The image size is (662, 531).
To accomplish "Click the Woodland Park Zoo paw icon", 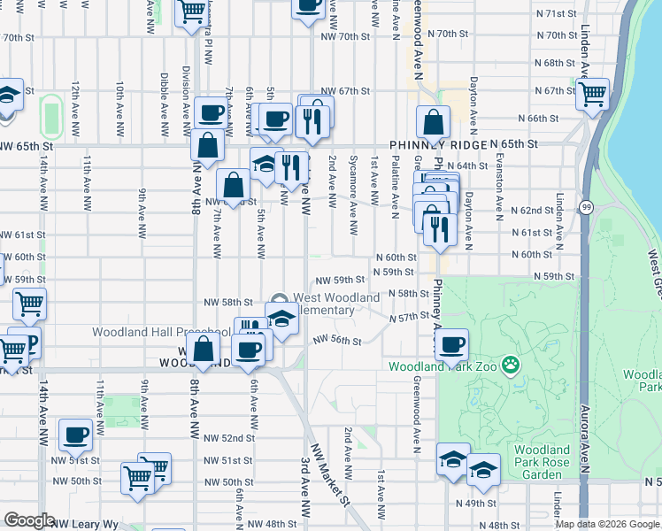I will (x=510, y=364).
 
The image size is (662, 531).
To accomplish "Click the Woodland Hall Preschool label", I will (x=162, y=333).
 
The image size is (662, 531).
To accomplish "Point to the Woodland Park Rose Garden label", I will (x=546, y=461).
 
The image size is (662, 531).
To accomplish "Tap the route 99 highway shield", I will (x=586, y=207).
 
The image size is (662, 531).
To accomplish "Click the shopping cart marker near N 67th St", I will (x=592, y=93).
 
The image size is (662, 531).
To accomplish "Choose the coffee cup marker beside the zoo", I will (x=452, y=344).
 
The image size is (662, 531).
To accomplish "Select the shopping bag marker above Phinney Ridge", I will (x=434, y=122).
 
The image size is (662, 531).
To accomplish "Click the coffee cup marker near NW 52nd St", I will (x=76, y=435).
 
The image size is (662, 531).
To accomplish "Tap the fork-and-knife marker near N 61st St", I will (x=439, y=228).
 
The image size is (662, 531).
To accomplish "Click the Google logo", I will (x=30, y=520).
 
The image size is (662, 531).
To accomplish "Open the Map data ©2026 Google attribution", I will (x=607, y=524).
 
